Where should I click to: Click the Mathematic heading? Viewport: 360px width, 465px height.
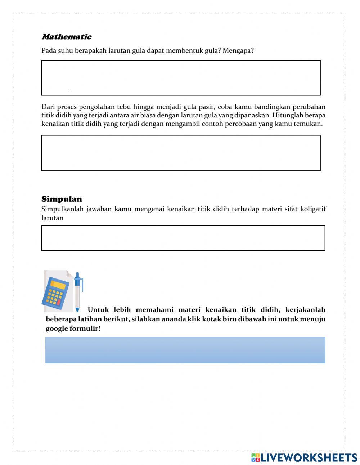point(67,37)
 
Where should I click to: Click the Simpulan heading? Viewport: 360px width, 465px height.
point(62,199)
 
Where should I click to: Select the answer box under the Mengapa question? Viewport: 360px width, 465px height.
point(181,78)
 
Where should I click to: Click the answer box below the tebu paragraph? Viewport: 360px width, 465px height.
point(181,153)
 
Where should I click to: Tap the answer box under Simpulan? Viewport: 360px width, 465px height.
point(183,238)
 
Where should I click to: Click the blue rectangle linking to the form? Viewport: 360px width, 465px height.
point(185,350)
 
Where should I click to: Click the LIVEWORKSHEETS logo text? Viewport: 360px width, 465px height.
point(309,457)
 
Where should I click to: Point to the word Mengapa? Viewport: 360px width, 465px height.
point(238,50)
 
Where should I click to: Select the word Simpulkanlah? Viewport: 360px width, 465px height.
point(63,209)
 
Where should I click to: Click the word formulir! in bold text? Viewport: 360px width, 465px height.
point(86,328)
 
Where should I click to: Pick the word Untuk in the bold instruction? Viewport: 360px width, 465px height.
point(98,310)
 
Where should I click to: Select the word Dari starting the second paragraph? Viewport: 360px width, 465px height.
point(48,107)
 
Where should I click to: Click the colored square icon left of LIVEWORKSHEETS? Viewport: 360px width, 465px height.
point(256,457)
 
